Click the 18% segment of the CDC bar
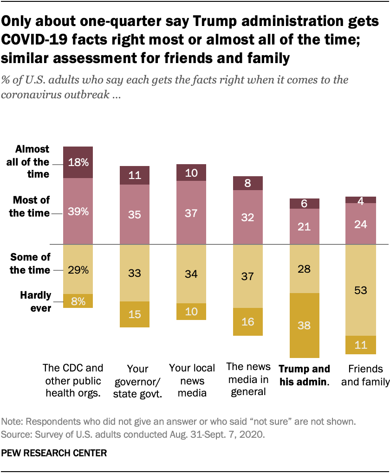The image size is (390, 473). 78,162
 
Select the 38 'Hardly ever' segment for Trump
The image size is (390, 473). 304,325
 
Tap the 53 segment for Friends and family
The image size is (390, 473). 361,290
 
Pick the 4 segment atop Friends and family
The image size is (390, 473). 361,200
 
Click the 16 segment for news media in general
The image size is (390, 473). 247,321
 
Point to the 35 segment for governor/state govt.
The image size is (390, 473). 135,214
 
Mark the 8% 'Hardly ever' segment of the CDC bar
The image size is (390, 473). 78,300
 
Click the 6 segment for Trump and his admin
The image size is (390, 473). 304,203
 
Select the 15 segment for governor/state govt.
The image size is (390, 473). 135,314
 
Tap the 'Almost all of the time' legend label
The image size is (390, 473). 32,162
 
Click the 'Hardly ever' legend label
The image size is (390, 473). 35,302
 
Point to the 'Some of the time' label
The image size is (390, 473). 30,263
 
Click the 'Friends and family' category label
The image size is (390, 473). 361,376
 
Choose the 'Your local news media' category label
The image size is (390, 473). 192,380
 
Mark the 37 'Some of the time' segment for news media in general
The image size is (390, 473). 247,276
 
